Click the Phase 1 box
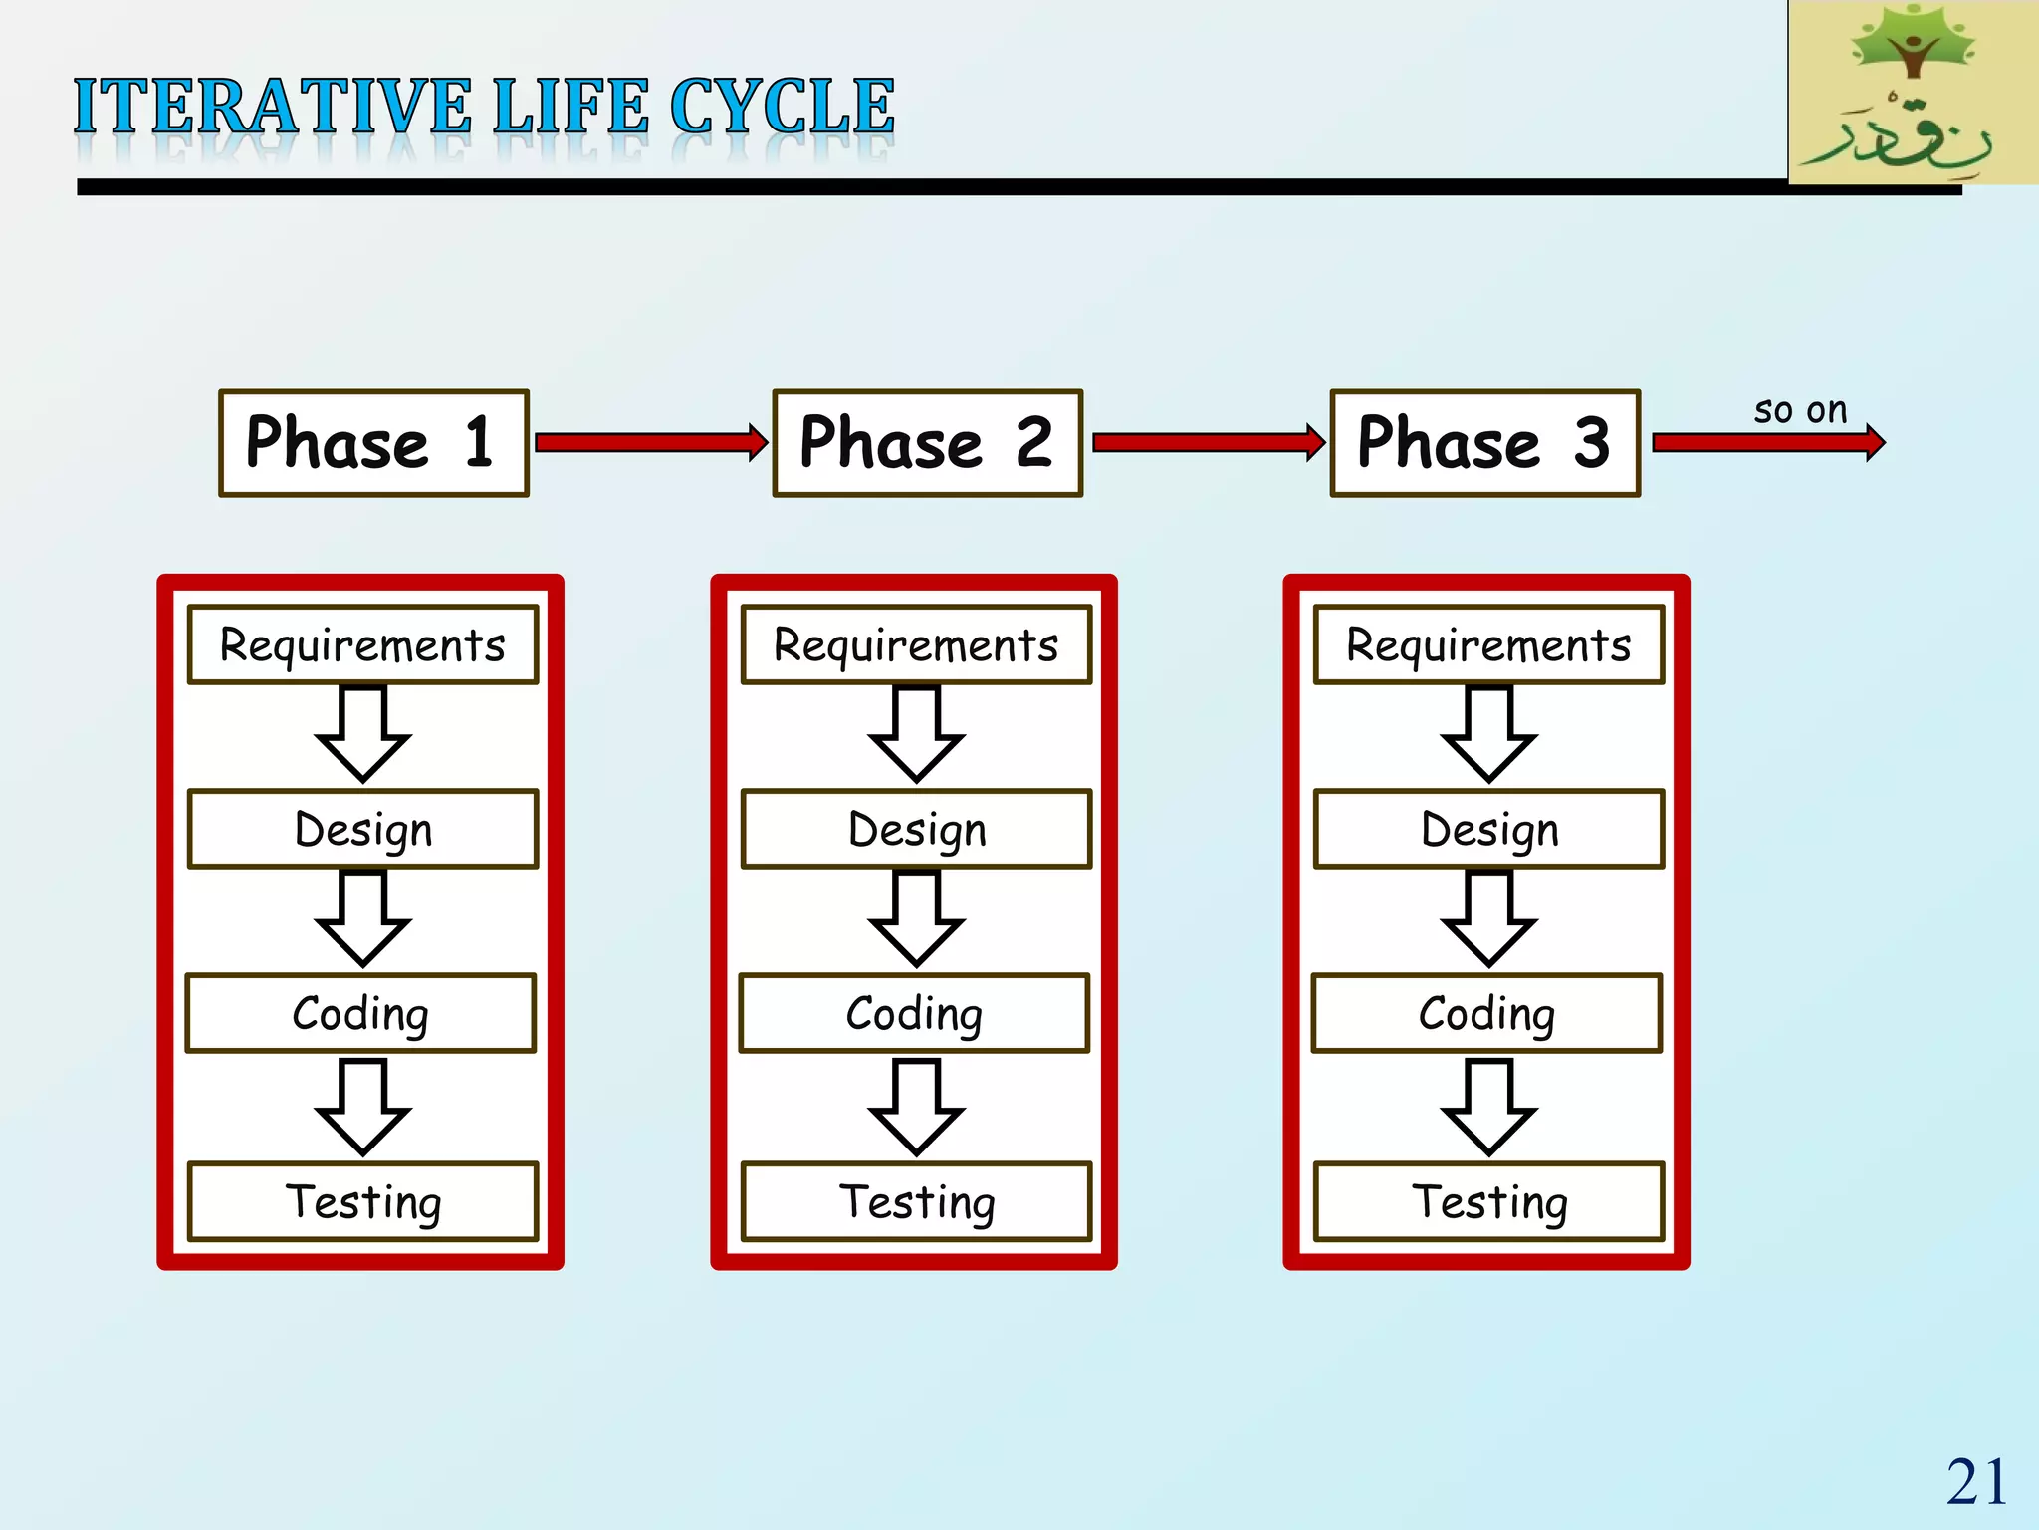[x=373, y=443]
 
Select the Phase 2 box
[x=927, y=443]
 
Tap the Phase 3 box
[x=1484, y=443]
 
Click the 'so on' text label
[x=1800, y=409]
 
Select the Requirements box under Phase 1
[x=362, y=644]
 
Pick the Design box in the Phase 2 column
[x=916, y=829]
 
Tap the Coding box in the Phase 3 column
[x=1486, y=1013]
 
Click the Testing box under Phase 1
[x=362, y=1201]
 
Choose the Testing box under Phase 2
[x=916, y=1201]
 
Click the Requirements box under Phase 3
[x=1488, y=644]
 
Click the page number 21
[x=1976, y=1482]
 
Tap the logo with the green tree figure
[x=1913, y=92]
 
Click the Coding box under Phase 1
[x=360, y=1013]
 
